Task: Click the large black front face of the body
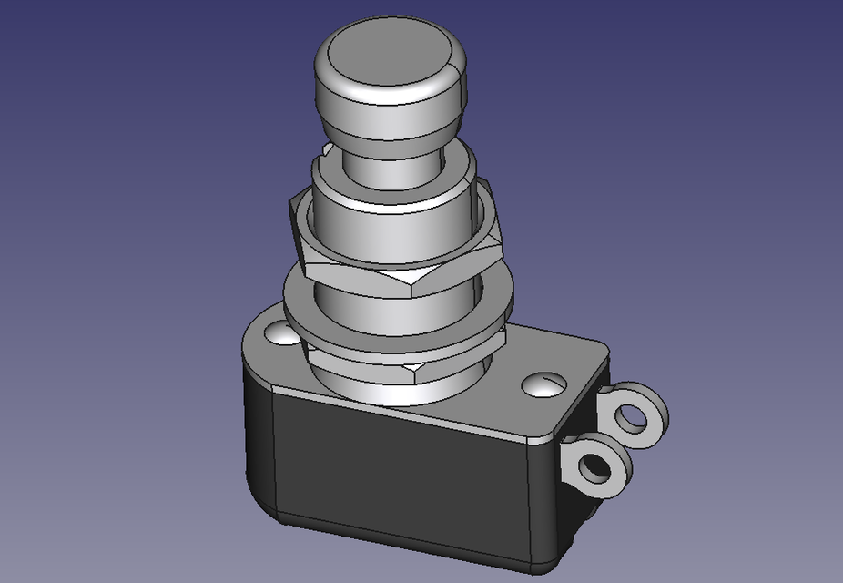tap(401, 474)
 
